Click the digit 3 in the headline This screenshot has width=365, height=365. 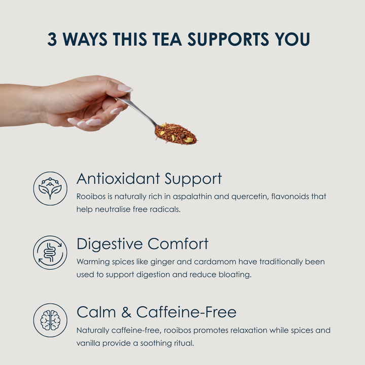52,39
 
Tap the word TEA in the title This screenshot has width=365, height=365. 167,39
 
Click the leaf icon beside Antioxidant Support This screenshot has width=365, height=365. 50,189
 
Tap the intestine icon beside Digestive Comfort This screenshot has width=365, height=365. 50,252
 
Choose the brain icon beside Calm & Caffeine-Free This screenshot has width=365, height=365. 50,320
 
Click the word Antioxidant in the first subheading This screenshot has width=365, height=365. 118,179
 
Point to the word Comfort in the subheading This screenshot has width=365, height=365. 178,244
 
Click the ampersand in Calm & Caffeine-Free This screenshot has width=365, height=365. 126,312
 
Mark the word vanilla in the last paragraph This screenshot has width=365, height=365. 88,343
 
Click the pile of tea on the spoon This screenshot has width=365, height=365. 176,134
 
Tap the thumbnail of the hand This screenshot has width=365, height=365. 125,88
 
